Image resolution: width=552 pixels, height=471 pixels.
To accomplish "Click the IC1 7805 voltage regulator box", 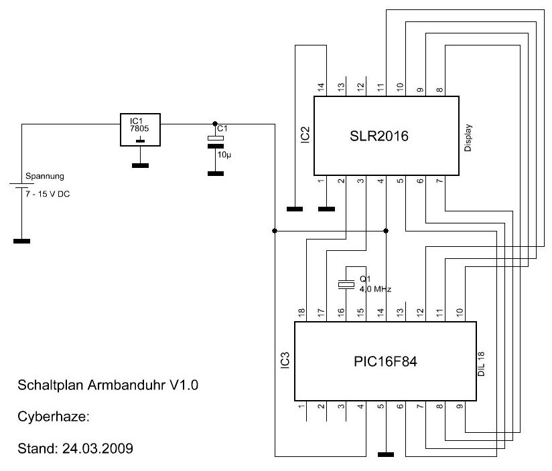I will [139, 129].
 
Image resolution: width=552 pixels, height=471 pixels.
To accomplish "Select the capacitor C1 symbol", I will [215, 138].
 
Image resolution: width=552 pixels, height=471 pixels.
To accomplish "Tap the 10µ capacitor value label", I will [222, 154].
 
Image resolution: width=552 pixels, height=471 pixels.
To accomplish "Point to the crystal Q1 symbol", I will [346, 284].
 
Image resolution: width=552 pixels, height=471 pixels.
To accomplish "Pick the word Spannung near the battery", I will [44, 177].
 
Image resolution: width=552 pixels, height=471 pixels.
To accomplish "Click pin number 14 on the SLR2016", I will [320, 87].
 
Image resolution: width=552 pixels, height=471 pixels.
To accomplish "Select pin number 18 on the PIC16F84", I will [301, 311].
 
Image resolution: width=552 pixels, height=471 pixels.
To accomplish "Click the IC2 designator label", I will [304, 134].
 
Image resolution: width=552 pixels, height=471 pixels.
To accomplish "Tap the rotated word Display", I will [468, 136].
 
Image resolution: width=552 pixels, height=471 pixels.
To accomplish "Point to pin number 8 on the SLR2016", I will [439, 87].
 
